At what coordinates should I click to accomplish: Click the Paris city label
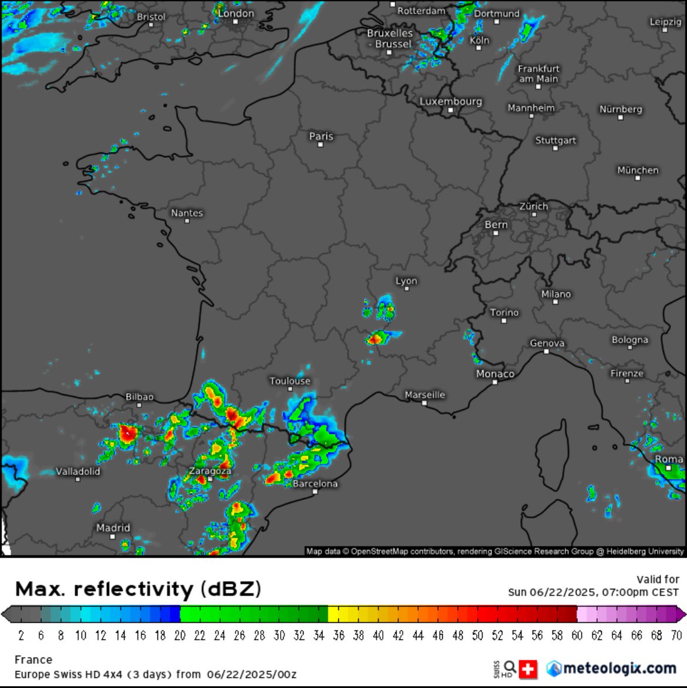[321, 136]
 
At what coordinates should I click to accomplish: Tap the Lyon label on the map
[406, 281]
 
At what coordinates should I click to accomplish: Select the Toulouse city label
[290, 381]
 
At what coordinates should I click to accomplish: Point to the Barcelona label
[315, 484]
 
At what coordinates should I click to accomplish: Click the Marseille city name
[425, 395]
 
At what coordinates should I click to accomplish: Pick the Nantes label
[187, 213]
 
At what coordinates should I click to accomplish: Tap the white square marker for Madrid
[112, 537]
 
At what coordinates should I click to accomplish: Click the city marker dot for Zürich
[534, 215]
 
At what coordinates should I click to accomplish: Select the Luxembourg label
[450, 102]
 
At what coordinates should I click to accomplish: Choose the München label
[638, 170]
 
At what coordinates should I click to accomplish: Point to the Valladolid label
[78, 471]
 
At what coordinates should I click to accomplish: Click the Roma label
[669, 459]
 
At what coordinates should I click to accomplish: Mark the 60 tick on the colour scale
[578, 635]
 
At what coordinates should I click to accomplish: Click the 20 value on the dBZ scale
[180, 635]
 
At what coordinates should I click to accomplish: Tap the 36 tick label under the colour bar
[339, 635]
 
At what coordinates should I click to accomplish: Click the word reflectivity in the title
[134, 589]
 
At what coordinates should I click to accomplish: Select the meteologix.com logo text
[619, 668]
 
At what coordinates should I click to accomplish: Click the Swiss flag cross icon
[528, 668]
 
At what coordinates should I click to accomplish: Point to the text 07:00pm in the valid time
[622, 592]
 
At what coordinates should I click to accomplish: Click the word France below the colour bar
[33, 660]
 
